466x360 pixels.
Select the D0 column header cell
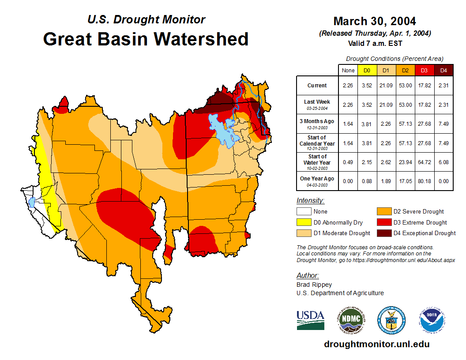coord(367,70)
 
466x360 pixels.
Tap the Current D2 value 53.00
coord(405,86)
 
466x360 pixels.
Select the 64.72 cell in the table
coord(424,162)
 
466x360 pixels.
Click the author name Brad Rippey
coord(314,285)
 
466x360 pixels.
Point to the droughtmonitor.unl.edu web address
coord(377,344)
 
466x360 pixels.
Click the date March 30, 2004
coord(375,21)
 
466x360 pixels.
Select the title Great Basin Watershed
coord(146,39)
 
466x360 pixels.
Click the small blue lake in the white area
coord(32,202)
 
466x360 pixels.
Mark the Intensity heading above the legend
coord(310,201)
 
